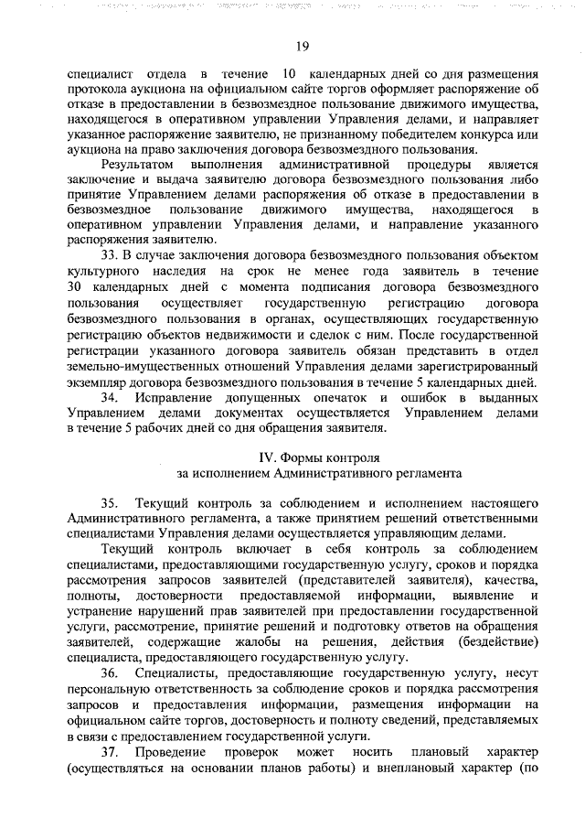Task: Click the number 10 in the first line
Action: point(289,73)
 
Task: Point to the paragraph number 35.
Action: point(112,503)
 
